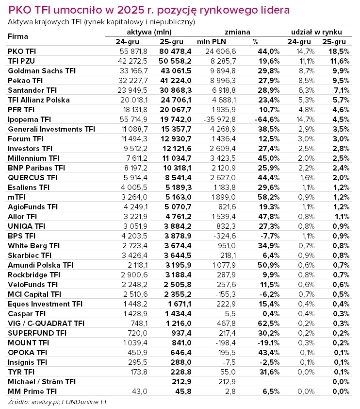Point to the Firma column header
click(18, 36)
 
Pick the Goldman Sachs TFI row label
click(42, 70)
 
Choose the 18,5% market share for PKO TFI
click(339, 51)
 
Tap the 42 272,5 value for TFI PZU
click(132, 61)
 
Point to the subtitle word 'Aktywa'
click(18, 22)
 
